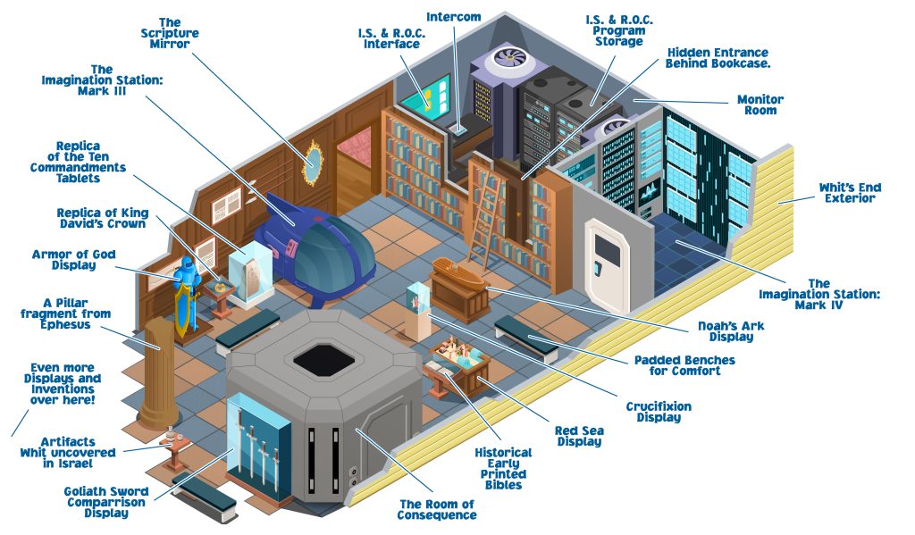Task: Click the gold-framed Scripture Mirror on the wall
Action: tap(312, 160)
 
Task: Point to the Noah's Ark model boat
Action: tap(458, 270)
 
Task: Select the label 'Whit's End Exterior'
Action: tap(850, 193)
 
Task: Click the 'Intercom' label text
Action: tap(453, 17)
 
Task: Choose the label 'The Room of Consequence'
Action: tap(437, 509)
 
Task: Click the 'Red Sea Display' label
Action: tap(580, 436)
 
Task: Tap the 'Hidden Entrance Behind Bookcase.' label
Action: tap(718, 58)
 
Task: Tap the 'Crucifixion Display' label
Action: tap(658, 412)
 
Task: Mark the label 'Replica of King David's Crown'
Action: tap(102, 219)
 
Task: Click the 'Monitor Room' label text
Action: tap(760, 104)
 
